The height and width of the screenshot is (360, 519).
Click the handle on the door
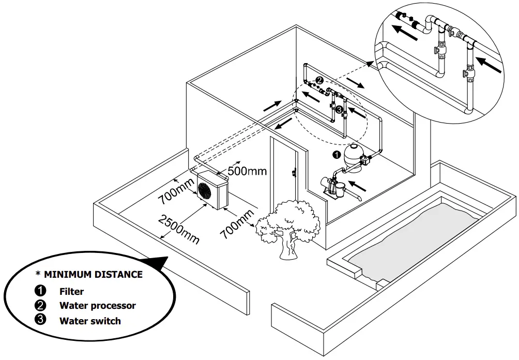[294, 172]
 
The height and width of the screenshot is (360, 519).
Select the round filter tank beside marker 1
[354, 155]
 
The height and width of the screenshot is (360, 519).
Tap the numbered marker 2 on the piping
[319, 81]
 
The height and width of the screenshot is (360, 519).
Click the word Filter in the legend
[71, 291]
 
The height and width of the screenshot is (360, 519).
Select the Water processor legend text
[97, 306]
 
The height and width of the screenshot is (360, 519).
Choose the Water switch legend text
[90, 321]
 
